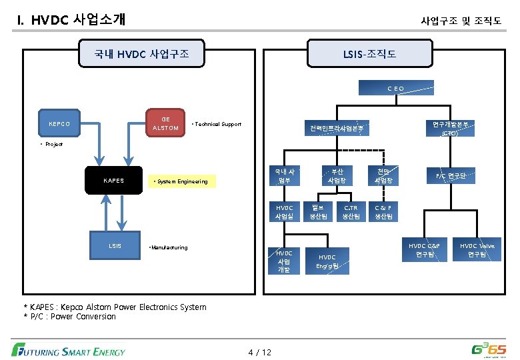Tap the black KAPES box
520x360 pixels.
point(114,181)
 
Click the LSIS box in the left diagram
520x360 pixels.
point(115,245)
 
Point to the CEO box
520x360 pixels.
point(396,88)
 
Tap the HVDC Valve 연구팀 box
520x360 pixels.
point(477,250)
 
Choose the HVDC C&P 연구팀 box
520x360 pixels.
point(424,250)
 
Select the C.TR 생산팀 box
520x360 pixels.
point(351,212)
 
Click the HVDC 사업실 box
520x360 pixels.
point(284,212)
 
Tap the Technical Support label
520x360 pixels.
point(217,125)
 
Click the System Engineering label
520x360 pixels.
point(181,181)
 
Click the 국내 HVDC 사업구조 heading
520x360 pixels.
point(141,53)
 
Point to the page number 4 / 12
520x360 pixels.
point(260,351)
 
